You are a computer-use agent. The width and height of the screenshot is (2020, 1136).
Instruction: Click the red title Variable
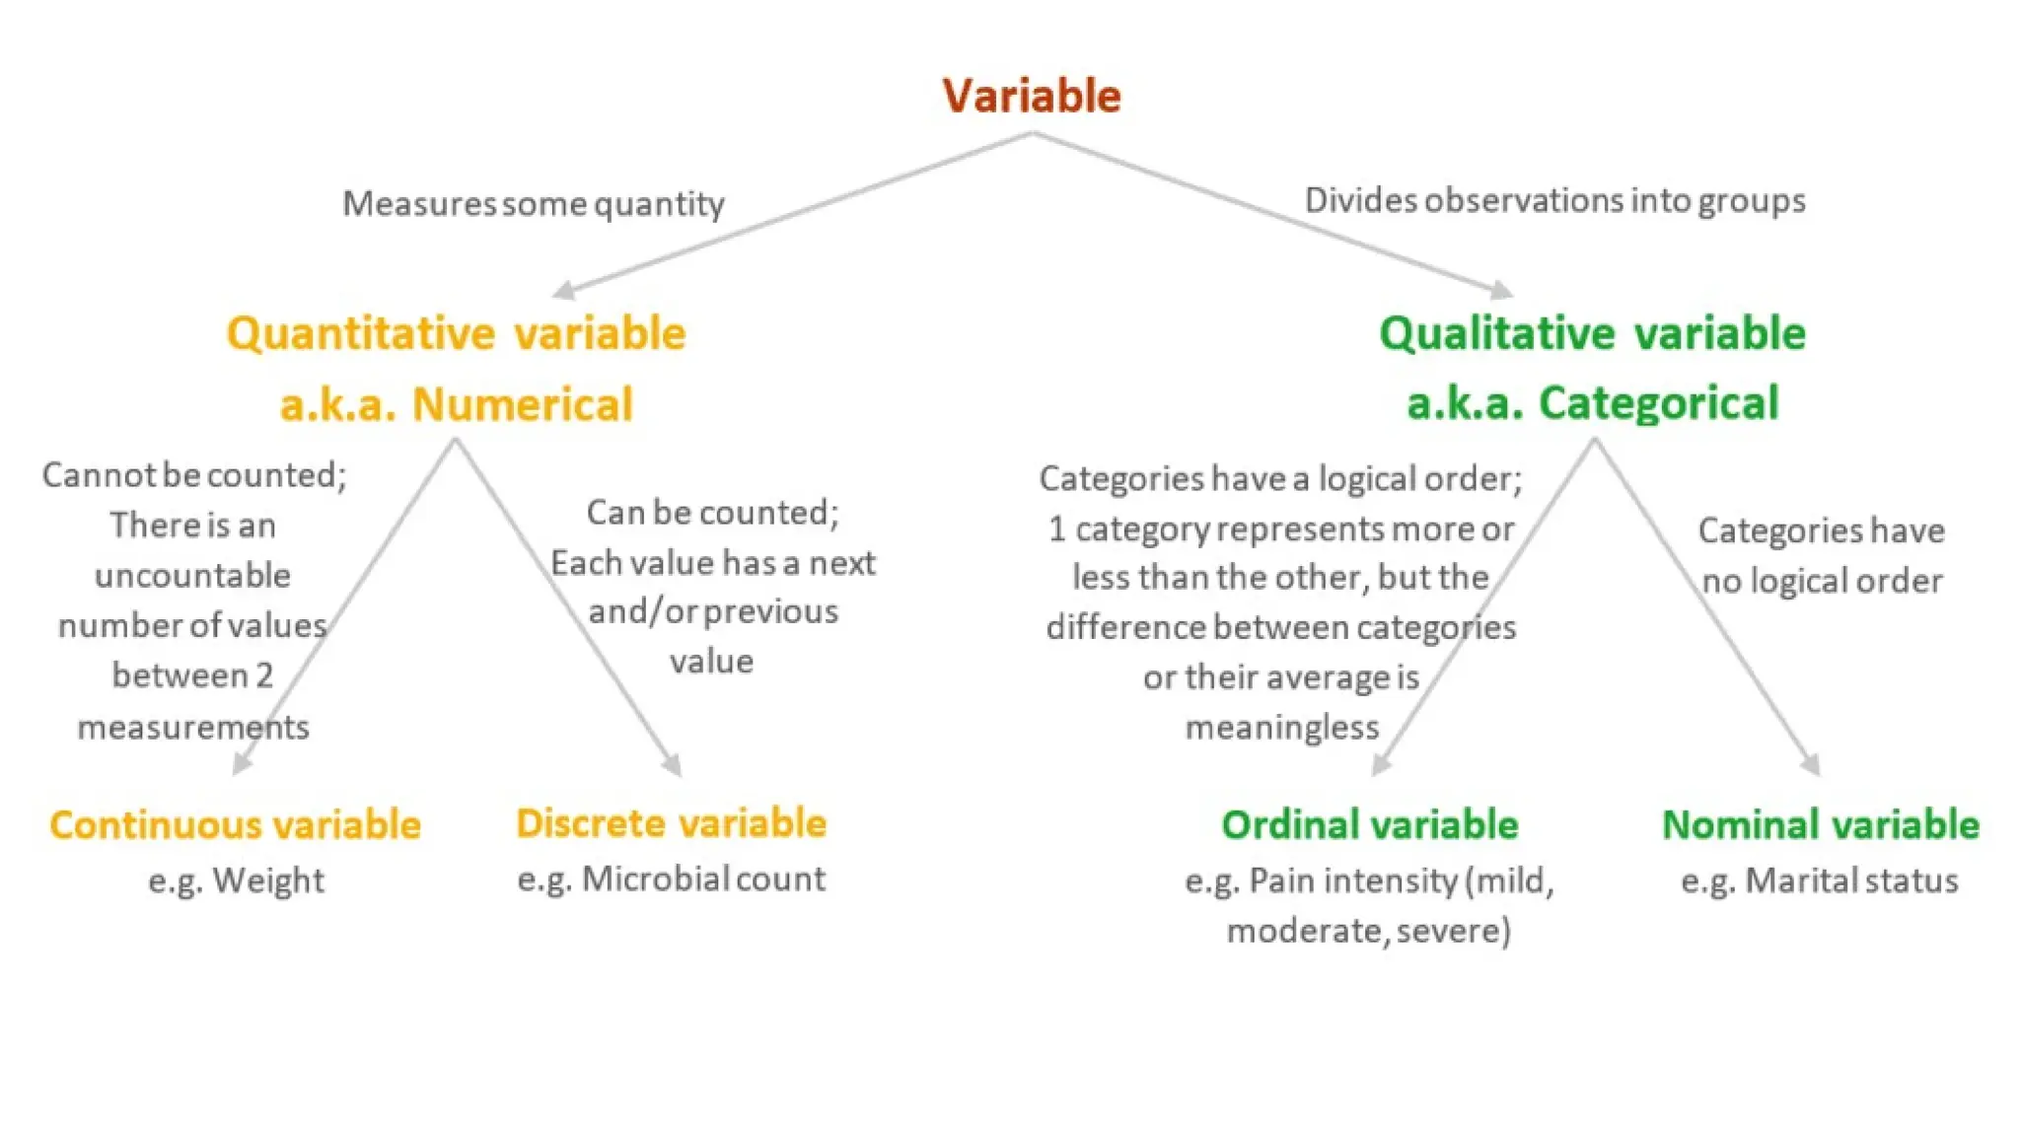[1032, 96]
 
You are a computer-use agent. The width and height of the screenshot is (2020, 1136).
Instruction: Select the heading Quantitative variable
[456, 333]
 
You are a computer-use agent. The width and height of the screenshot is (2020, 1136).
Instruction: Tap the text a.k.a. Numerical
[456, 404]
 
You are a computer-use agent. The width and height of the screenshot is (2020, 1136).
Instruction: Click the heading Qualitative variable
[1592, 333]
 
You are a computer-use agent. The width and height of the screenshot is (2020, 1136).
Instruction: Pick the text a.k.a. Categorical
[1592, 403]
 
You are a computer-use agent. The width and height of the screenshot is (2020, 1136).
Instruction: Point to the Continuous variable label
[235, 824]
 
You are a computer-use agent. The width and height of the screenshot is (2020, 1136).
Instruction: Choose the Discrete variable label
[671, 822]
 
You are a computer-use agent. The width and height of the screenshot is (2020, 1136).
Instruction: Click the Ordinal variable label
[1369, 824]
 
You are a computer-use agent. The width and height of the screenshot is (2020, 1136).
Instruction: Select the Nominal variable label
[1821, 824]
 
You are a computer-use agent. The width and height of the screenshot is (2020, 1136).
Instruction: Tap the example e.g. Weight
[236, 880]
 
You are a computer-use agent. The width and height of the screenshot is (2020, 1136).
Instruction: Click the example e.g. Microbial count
[671, 879]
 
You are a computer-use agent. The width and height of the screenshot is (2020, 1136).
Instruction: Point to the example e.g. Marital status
[1820, 880]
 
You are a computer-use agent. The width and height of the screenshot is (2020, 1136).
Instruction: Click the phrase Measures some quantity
[533, 203]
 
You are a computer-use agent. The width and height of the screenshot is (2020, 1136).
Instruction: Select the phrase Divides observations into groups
[1554, 200]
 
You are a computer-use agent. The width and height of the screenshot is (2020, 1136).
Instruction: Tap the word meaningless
[1281, 728]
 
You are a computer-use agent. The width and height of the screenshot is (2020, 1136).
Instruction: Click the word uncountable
[192, 575]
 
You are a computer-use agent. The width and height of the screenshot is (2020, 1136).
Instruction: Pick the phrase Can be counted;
[712, 512]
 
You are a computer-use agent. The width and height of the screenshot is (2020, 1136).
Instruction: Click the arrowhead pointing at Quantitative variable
[563, 290]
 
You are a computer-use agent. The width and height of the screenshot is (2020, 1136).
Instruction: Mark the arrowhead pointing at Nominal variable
[1811, 765]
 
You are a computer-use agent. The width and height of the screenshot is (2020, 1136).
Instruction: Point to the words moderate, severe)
[1368, 930]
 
